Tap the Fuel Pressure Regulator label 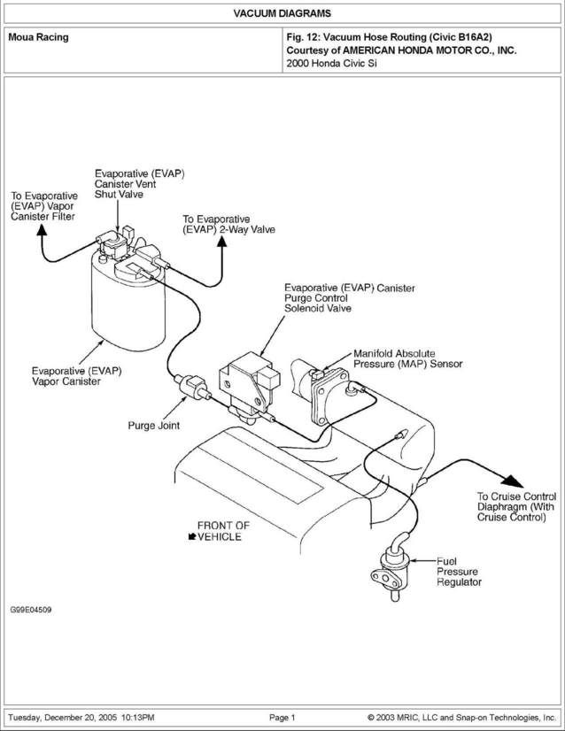pyautogui.click(x=459, y=572)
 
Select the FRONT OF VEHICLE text pyautogui.click(x=221, y=530)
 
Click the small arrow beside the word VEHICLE pyautogui.click(x=191, y=536)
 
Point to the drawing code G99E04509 pyautogui.click(x=31, y=611)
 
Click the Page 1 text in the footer pyautogui.click(x=282, y=716)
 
